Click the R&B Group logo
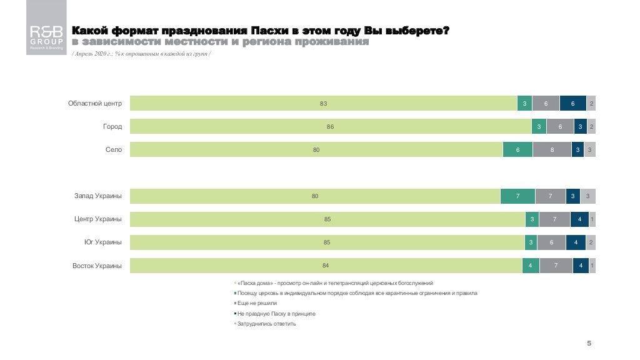pyautogui.click(x=46, y=28)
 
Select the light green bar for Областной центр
pyautogui.click(x=323, y=103)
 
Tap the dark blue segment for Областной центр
pyautogui.click(x=573, y=103)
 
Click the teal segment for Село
pyautogui.click(x=517, y=149)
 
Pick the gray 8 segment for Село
pyautogui.click(x=552, y=149)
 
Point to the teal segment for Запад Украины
pyautogui.click(x=517, y=196)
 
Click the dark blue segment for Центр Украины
pyautogui.click(x=579, y=219)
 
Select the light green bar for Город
pyautogui.click(x=330, y=126)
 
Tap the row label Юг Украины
pyautogui.click(x=103, y=242)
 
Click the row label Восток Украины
pyautogui.click(x=97, y=266)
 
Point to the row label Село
pyautogui.click(x=114, y=149)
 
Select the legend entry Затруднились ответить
pyautogui.click(x=266, y=324)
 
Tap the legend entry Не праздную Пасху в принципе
pyautogui.click(x=276, y=313)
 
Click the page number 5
pyautogui.click(x=589, y=344)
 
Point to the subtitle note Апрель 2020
pyautogui.click(x=141, y=54)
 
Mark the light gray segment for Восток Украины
pyautogui.click(x=592, y=266)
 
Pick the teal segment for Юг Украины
pyautogui.click(x=531, y=242)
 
